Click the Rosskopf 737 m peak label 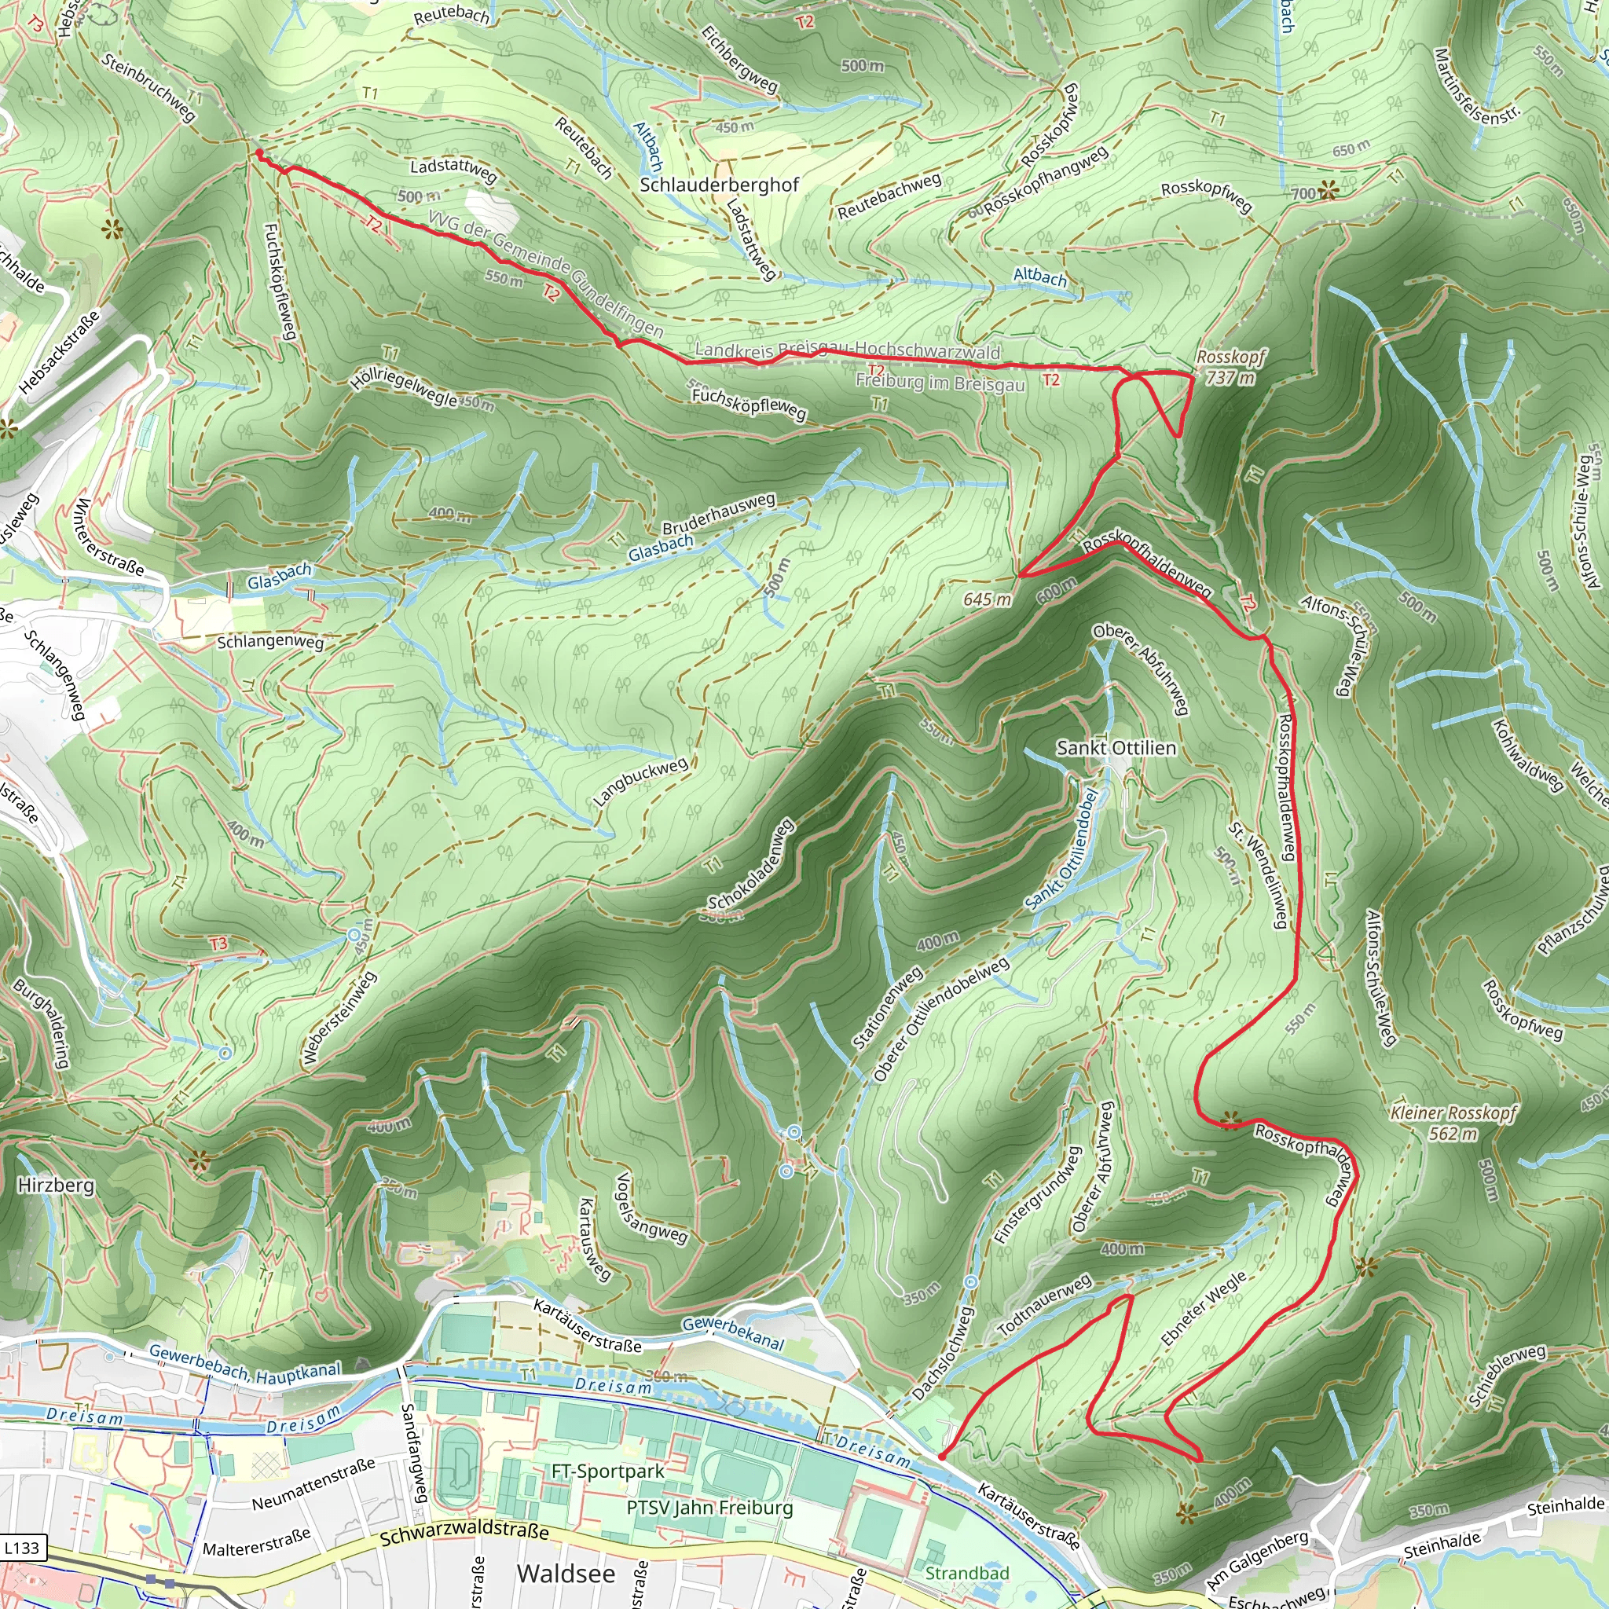(x=1230, y=367)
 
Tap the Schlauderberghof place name (x=719, y=185)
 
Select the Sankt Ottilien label (x=1116, y=748)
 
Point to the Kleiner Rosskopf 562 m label (x=1453, y=1123)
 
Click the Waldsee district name (x=566, y=1573)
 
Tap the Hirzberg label (x=56, y=1184)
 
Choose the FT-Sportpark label (x=608, y=1472)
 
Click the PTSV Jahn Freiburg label (x=709, y=1508)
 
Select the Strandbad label (x=967, y=1572)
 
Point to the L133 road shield (x=22, y=1548)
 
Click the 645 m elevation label (x=987, y=599)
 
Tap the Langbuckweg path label (x=640, y=782)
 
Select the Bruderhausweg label (x=719, y=514)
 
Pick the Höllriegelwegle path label (x=404, y=387)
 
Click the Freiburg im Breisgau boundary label (x=940, y=383)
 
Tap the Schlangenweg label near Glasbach (x=269, y=642)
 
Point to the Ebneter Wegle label (x=1204, y=1308)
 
